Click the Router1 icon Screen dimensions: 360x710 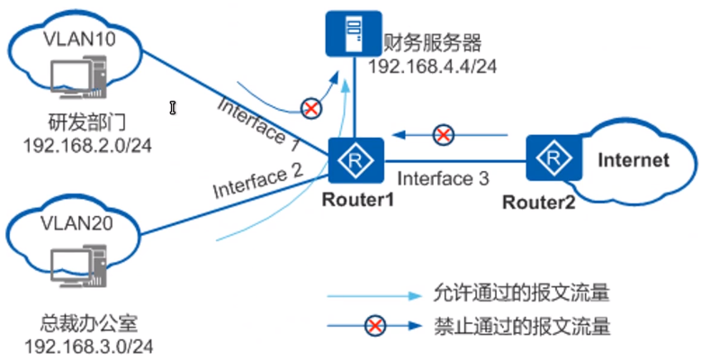355,161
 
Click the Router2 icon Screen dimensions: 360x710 551,159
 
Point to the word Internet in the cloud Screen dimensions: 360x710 634,161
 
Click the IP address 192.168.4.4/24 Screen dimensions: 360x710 434,66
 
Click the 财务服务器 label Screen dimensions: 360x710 434,43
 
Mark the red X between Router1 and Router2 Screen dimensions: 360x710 443,136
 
